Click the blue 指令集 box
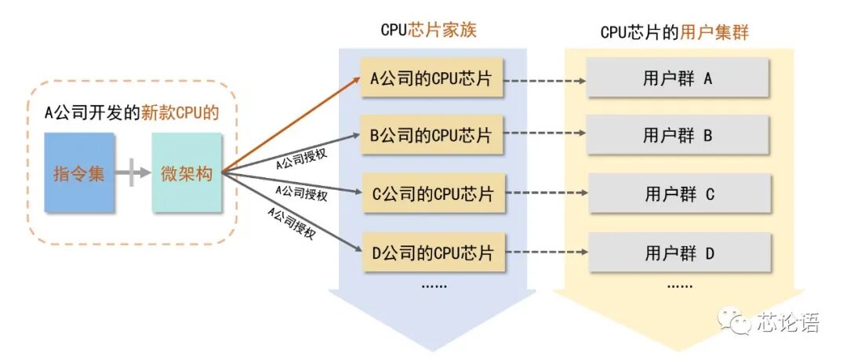tap(79, 173)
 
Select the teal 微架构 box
tap(187, 173)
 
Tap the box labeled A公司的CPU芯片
tap(431, 78)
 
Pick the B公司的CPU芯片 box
tap(431, 135)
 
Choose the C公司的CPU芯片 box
tap(431, 194)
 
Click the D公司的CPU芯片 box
tap(431, 253)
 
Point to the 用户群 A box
tap(677, 78)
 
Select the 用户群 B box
tap(677, 135)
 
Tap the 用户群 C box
tap(679, 194)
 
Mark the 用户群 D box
tap(679, 253)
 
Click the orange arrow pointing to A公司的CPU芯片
tap(290, 125)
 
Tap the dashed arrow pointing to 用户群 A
tap(544, 79)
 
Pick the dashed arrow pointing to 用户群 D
tap(546, 253)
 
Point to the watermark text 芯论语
tap(787, 322)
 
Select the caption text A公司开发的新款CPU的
tap(131, 113)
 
